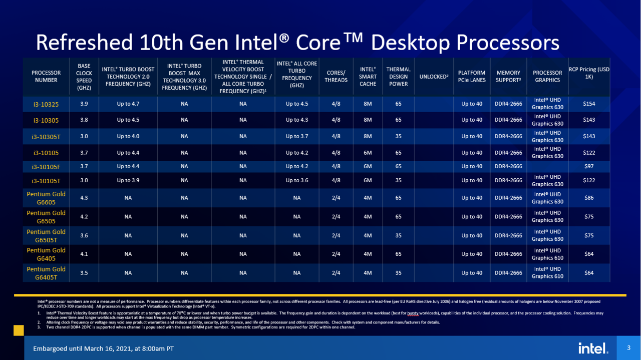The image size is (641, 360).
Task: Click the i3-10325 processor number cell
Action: click(x=46, y=104)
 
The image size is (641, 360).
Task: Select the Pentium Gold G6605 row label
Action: click(x=46, y=198)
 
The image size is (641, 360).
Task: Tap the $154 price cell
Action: click(x=589, y=104)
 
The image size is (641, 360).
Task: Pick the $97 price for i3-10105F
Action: click(x=589, y=166)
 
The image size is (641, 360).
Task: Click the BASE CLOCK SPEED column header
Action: click(x=84, y=77)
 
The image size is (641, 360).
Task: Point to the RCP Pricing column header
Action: click(x=589, y=73)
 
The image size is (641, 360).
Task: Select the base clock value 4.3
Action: click(x=84, y=198)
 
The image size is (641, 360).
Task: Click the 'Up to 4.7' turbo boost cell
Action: click(x=128, y=104)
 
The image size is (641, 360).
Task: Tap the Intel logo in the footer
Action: click(x=593, y=348)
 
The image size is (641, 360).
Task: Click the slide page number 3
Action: click(x=628, y=347)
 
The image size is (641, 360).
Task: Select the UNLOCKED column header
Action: click(x=433, y=77)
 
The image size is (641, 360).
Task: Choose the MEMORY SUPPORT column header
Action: click(x=508, y=77)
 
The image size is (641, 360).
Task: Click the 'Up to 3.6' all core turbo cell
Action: click(x=297, y=180)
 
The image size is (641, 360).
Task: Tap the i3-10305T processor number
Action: click(x=46, y=136)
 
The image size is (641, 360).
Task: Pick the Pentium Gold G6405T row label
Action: click(x=46, y=273)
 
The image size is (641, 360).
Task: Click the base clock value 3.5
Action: click(x=84, y=273)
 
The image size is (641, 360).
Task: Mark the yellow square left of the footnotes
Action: click(x=19, y=330)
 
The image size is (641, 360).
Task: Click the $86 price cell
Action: click(x=589, y=198)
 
